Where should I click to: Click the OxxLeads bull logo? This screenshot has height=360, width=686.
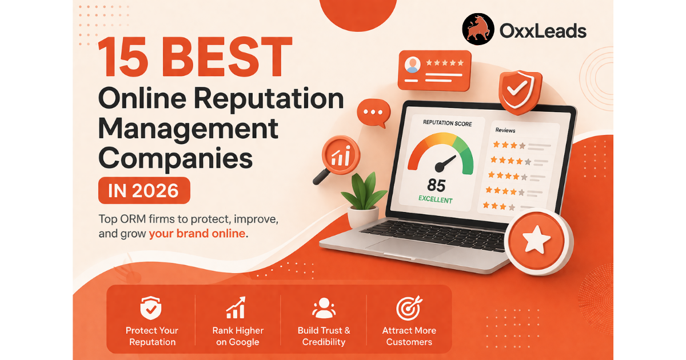(x=478, y=30)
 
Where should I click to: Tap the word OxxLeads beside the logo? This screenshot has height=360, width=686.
(x=543, y=30)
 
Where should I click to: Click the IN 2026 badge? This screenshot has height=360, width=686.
(x=143, y=190)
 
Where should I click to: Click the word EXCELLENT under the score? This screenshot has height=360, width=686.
(x=435, y=200)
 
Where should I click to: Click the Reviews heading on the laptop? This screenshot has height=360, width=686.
(x=505, y=131)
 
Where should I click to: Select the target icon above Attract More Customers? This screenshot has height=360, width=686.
(x=409, y=308)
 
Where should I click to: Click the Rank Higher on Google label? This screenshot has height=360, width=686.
(x=238, y=336)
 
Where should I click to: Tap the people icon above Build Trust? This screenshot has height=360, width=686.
(x=324, y=308)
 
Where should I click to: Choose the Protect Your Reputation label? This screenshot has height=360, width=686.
(x=151, y=336)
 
